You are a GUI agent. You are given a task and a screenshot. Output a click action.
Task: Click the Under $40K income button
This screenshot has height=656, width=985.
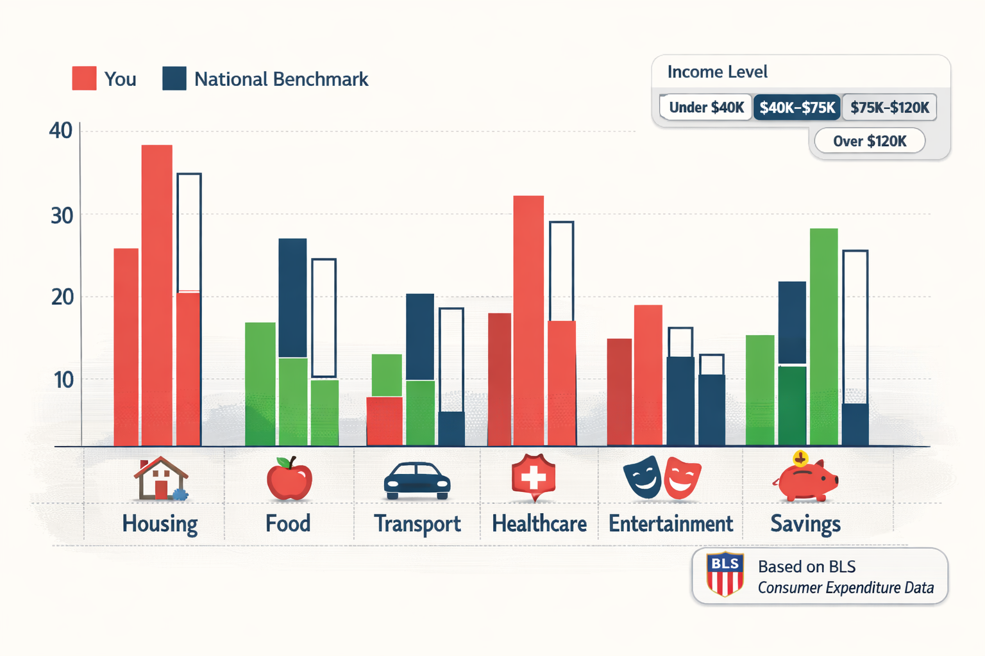click(x=705, y=107)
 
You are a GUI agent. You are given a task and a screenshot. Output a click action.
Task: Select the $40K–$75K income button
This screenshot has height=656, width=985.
click(x=797, y=107)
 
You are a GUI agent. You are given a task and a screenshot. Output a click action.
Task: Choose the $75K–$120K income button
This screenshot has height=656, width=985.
click(x=889, y=107)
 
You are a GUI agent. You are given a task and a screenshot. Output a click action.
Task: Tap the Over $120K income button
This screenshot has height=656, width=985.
click(x=870, y=141)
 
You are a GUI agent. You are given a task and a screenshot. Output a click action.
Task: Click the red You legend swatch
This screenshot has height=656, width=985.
click(x=84, y=78)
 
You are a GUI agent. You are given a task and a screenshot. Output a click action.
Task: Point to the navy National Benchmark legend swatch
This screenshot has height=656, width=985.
click(x=174, y=78)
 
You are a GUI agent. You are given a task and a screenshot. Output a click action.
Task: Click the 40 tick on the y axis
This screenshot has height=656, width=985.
click(x=61, y=131)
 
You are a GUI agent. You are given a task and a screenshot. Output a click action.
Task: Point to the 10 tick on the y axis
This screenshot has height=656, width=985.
click(x=63, y=380)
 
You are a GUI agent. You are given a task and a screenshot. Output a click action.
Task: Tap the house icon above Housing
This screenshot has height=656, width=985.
click(x=160, y=479)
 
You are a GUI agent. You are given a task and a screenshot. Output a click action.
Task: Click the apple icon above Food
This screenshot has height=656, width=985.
click(x=289, y=479)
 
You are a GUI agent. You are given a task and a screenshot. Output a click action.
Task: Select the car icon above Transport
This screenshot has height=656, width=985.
click(x=417, y=480)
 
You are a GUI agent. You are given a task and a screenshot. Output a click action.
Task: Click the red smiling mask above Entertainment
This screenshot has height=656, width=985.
click(x=682, y=477)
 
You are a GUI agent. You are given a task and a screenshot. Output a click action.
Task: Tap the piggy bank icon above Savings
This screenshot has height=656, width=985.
click(x=807, y=478)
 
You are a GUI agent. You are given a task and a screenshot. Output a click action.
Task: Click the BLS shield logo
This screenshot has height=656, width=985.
click(x=725, y=574)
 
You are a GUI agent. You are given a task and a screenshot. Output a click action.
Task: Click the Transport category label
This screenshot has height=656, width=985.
click(x=417, y=524)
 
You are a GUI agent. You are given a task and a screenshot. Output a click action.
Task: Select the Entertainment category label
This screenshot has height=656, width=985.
click(x=671, y=524)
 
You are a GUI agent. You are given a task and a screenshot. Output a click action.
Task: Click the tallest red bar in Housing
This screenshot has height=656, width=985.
click(x=157, y=295)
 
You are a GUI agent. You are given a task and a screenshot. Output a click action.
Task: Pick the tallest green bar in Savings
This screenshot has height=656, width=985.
click(x=824, y=336)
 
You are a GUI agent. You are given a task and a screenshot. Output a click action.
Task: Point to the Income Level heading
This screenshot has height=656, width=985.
click(x=717, y=72)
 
